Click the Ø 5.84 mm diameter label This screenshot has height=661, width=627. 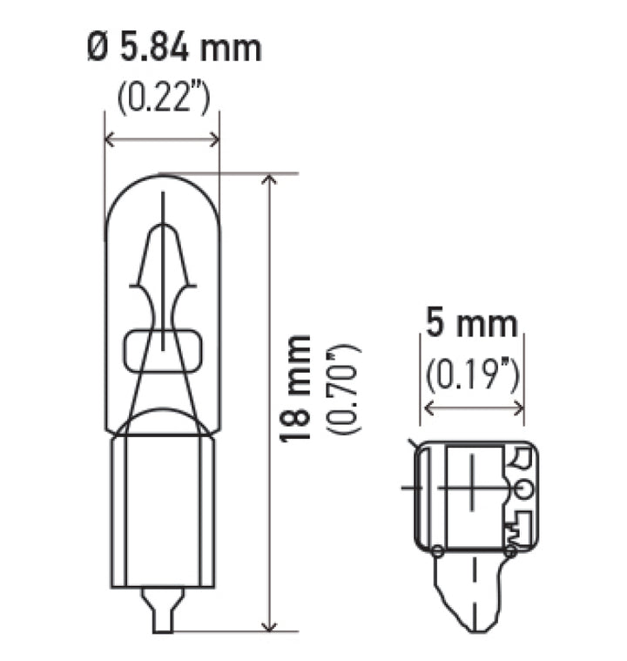[x=173, y=47]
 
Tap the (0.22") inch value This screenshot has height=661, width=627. [x=161, y=100]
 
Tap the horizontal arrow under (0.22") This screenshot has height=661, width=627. [x=161, y=138]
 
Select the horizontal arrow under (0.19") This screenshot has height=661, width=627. [x=473, y=406]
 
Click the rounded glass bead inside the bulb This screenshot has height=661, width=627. [x=161, y=349]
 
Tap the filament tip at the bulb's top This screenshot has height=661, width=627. [x=163, y=209]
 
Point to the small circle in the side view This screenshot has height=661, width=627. [x=522, y=489]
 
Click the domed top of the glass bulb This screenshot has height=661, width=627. [x=161, y=183]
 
